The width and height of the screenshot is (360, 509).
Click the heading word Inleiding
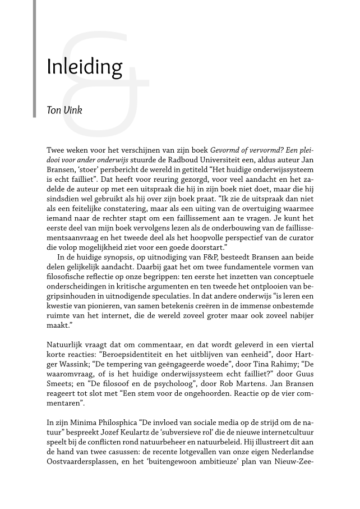pos(84,68)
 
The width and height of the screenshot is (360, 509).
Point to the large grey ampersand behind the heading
pos(107,84)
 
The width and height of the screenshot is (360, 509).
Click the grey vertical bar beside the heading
pos(35,56)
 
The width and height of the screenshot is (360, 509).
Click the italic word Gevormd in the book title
pos(227,151)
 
